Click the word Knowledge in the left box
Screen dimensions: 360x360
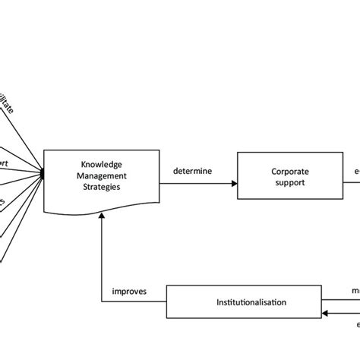tap(101, 164)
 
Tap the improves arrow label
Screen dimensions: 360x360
tap(129, 292)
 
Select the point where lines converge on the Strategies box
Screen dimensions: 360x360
tap(43, 176)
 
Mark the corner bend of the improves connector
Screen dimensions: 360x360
tap(101, 302)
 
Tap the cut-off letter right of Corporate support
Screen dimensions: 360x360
tap(357, 172)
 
